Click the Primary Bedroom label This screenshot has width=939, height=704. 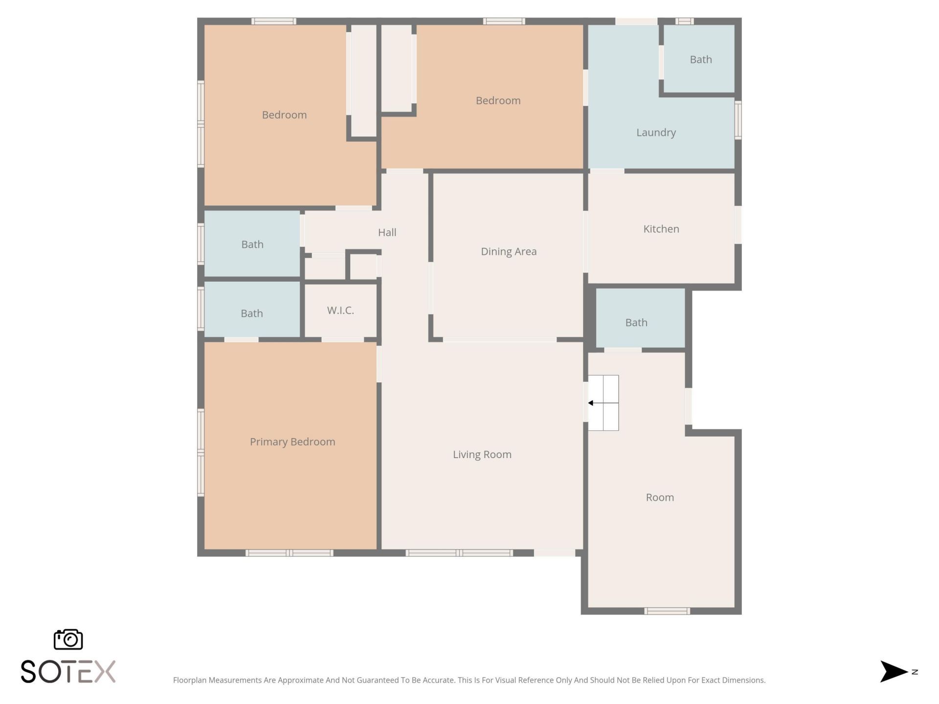point(292,441)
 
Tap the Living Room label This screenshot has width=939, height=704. point(482,454)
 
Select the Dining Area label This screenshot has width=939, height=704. point(509,251)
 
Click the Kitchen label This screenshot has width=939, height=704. point(661,229)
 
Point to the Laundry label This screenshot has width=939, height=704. point(656,132)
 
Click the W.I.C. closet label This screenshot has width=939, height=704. point(340,310)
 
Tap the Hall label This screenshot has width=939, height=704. point(387,232)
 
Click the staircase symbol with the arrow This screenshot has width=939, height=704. point(603,403)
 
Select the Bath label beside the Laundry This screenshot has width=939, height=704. point(700,60)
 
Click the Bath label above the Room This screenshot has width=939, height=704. point(636,323)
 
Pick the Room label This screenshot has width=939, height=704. point(660,497)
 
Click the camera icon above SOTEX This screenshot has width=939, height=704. point(68,639)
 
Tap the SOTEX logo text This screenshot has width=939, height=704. point(68,671)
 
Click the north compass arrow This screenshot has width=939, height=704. point(894,671)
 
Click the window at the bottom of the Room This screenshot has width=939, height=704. point(667,611)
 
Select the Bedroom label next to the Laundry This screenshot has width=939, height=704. point(498,101)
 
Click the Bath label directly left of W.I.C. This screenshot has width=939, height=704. point(251,313)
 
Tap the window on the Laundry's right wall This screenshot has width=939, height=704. point(738,120)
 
